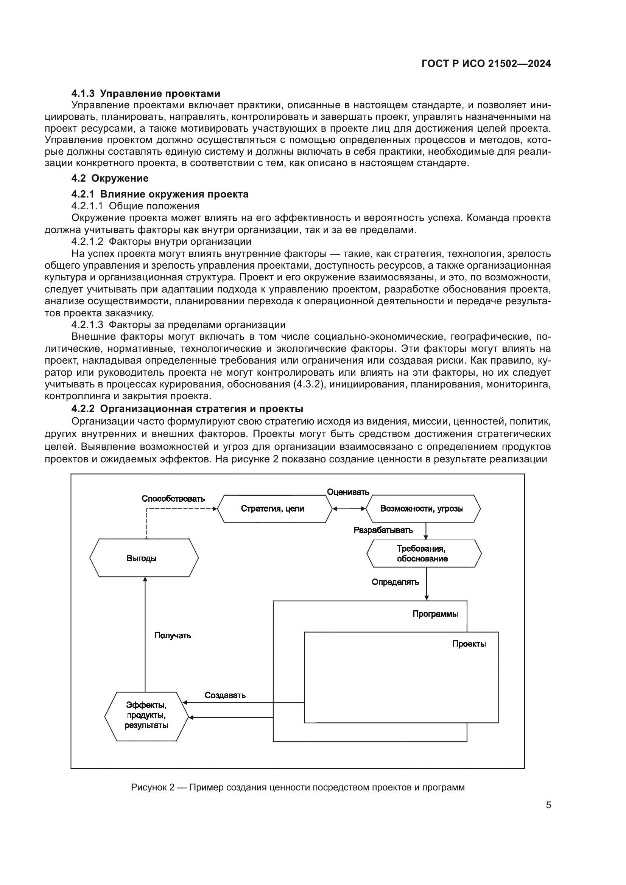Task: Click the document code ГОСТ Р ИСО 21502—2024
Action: pyautogui.click(x=486, y=64)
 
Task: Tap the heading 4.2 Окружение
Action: pyautogui.click(x=110, y=179)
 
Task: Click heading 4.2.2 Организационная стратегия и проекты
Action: pyautogui.click(x=187, y=409)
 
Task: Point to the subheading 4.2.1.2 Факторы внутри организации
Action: pyautogui.click(x=161, y=242)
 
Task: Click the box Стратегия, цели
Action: pyautogui.click(x=273, y=509)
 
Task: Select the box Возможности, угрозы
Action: pyautogui.click(x=422, y=509)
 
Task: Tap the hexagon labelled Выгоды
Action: pyautogui.click(x=142, y=558)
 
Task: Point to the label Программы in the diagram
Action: pyautogui.click(x=435, y=614)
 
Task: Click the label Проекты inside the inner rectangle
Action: pyautogui.click(x=469, y=644)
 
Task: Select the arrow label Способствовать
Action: pyautogui.click(x=173, y=499)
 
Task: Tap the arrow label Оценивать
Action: pyautogui.click(x=348, y=492)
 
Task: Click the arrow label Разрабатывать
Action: pyautogui.click(x=383, y=530)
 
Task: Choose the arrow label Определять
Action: pyautogui.click(x=395, y=582)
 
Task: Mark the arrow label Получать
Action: pyautogui.click(x=173, y=636)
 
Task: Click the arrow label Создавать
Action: pyautogui.click(x=225, y=695)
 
